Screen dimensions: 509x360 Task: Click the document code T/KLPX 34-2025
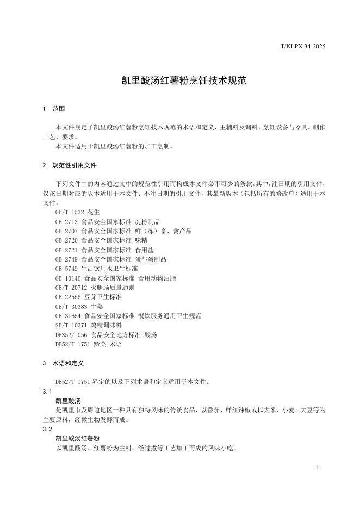[302, 47]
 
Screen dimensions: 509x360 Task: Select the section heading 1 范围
[54, 109]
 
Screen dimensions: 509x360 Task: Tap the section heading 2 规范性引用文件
[70, 165]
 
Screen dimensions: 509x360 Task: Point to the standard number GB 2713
[66, 222]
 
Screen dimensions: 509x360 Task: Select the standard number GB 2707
[66, 231]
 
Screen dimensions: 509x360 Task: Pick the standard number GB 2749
[66, 259]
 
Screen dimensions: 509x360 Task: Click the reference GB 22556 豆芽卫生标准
[88, 297]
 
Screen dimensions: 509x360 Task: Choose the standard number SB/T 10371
[70, 325]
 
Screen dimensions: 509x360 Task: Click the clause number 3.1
[47, 392]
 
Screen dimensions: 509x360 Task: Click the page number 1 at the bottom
[317, 468]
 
